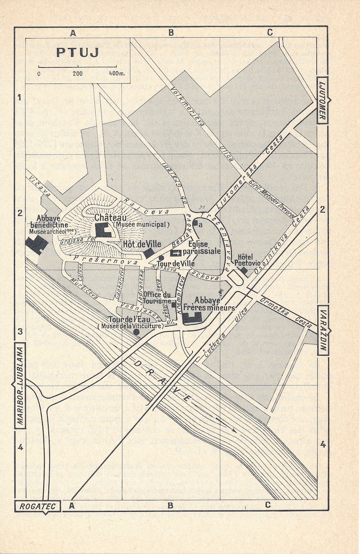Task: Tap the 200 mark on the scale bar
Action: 77,73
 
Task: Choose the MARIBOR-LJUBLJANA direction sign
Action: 20,385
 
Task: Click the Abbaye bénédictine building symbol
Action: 36,245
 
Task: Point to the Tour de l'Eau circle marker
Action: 136,332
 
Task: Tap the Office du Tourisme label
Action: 157,297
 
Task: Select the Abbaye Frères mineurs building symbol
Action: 192,317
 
